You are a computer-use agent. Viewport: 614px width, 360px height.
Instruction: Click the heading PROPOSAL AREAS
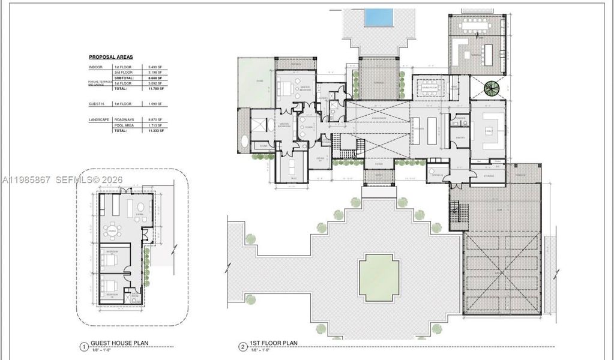click(111, 57)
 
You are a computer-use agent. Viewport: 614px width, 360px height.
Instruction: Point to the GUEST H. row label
click(97, 104)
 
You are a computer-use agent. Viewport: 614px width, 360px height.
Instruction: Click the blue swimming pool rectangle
click(379, 17)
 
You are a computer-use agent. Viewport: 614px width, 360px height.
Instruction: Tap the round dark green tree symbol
click(492, 89)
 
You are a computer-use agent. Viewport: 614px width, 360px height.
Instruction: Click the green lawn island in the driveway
click(379, 277)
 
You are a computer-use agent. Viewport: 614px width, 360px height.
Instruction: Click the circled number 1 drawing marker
click(83, 346)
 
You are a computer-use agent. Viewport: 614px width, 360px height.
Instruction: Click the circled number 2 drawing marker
click(242, 346)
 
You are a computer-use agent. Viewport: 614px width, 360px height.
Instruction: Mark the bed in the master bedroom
click(286, 89)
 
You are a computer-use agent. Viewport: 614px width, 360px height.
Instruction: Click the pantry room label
click(460, 137)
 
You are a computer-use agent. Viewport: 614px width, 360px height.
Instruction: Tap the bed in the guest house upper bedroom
click(109, 260)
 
